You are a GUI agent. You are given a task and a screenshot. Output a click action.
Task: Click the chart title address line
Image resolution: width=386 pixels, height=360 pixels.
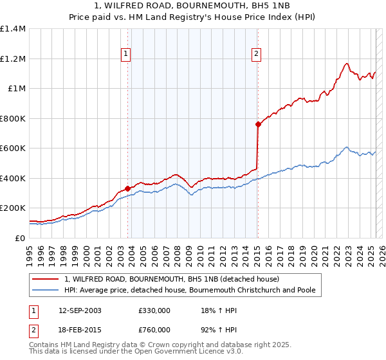pos(193,6)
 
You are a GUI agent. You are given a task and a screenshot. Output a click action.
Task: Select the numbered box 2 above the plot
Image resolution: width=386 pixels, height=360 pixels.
pos(256,54)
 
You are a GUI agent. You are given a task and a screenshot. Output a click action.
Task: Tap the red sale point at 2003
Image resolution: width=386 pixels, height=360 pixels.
pos(127,188)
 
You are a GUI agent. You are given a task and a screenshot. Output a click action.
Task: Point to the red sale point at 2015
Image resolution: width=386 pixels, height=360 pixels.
pos(257,124)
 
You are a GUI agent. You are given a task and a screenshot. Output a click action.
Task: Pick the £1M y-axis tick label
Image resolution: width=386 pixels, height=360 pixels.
pos(16,89)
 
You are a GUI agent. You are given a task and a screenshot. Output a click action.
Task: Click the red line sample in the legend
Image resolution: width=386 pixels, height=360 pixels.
pos(46,280)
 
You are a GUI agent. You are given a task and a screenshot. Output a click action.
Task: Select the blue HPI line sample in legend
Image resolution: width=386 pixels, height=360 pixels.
pos(46,290)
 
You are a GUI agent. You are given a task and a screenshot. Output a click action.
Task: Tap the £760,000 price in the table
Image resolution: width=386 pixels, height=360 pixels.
pos(154,329)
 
